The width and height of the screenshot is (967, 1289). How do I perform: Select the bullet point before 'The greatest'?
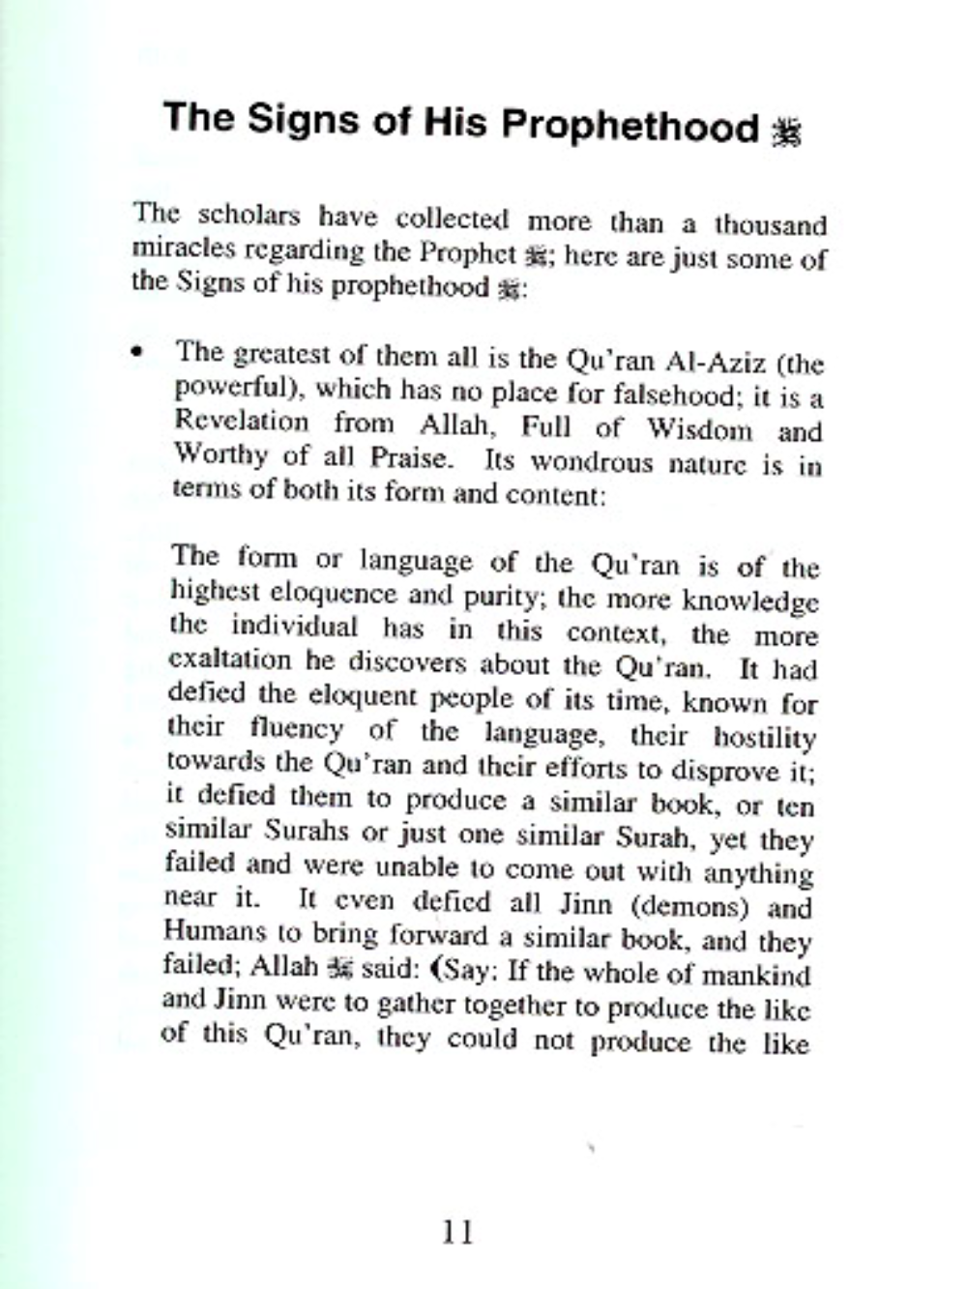[x=140, y=353]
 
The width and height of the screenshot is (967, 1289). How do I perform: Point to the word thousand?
[x=771, y=225]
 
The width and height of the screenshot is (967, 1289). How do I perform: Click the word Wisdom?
[x=698, y=428]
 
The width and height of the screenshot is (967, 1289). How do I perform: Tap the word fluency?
[x=296, y=726]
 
